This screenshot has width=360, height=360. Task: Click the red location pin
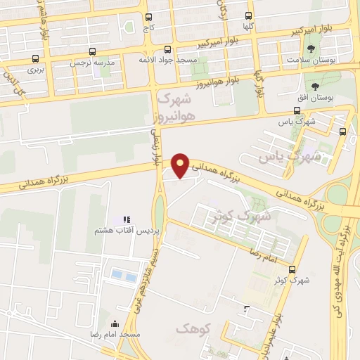(x=181, y=165)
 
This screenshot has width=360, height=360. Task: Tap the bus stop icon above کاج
(x=148, y=18)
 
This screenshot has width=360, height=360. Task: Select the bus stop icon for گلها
(x=248, y=15)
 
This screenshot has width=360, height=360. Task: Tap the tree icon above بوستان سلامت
(x=311, y=49)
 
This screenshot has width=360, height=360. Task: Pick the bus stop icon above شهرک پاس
(x=295, y=110)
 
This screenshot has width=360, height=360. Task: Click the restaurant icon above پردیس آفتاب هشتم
(x=127, y=220)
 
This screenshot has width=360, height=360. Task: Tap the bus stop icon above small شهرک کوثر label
(x=292, y=269)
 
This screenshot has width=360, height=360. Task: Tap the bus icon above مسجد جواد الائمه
(x=167, y=50)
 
